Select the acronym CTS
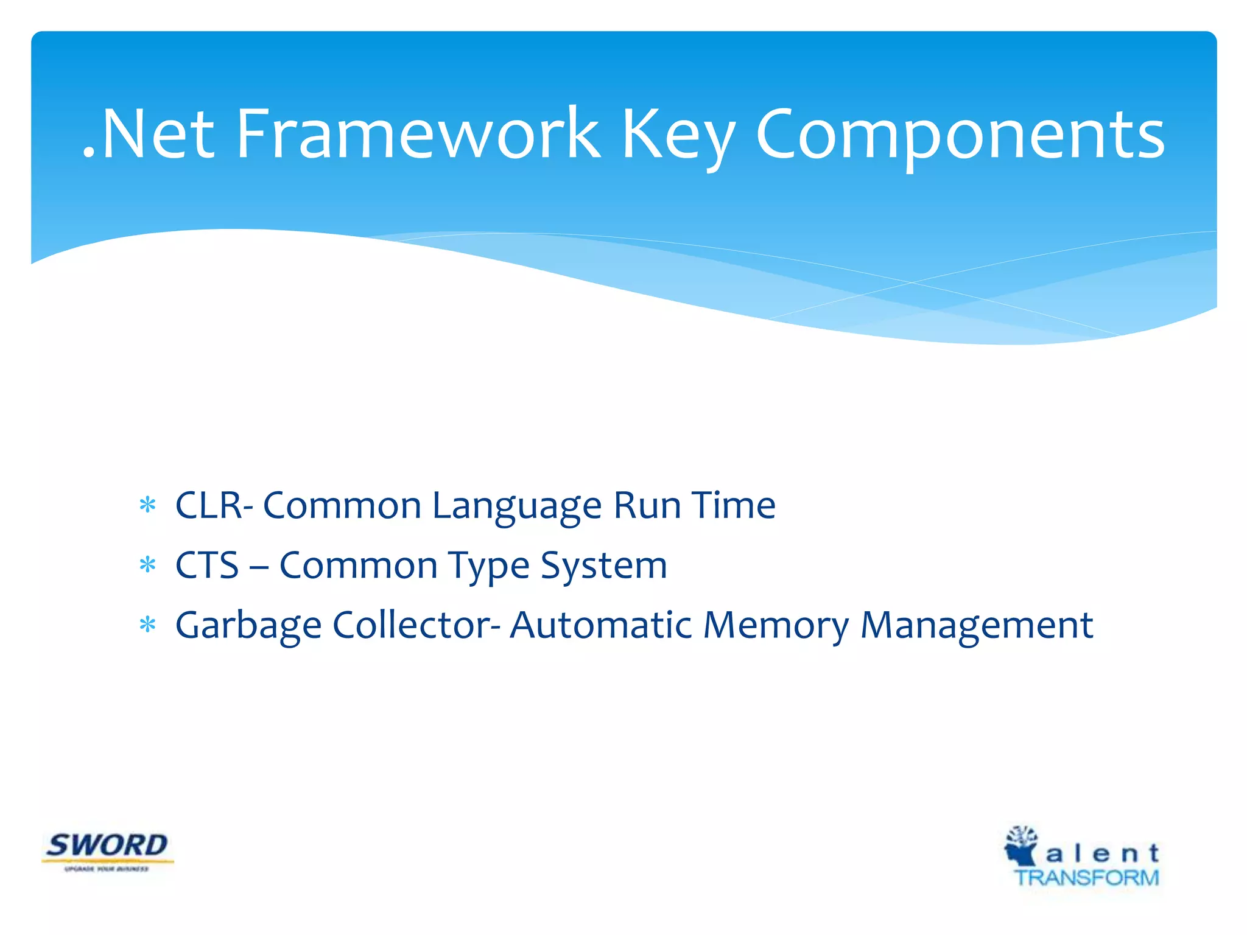point(207,565)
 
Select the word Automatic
point(600,625)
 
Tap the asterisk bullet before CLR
point(147,505)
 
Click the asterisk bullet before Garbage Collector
point(147,625)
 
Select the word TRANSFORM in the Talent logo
point(1086,878)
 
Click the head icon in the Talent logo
point(1021,846)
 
